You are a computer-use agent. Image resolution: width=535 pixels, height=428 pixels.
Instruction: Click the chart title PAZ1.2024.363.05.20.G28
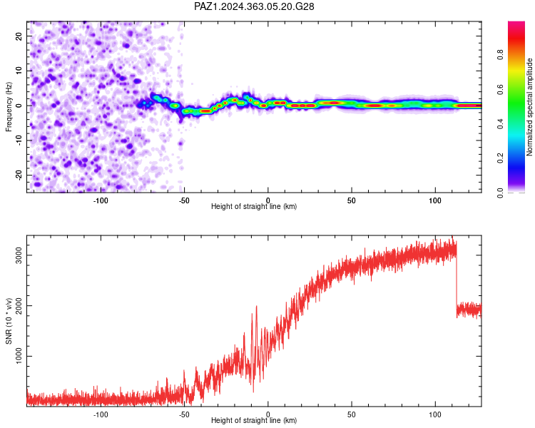tap(254, 6)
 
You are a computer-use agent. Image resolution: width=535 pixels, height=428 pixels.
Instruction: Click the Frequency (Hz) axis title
tap(9, 107)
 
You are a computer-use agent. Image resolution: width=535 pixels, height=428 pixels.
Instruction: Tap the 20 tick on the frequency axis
tap(19, 36)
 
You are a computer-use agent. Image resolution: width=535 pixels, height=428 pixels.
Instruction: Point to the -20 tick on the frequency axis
tap(19, 175)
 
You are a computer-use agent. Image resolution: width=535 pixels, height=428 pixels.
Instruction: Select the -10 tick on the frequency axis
tap(19, 141)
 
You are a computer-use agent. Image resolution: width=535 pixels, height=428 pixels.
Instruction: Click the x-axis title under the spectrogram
tap(254, 206)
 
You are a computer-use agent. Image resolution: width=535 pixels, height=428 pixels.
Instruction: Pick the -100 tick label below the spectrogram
tap(101, 200)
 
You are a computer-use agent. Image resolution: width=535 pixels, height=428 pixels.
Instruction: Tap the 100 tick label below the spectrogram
tap(435, 200)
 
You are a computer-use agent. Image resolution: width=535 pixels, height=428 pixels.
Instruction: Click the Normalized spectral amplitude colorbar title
tap(529, 107)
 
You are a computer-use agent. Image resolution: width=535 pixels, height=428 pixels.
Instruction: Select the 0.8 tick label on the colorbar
tap(500, 55)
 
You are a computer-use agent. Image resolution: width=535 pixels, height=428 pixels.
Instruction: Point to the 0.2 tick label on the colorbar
tap(500, 158)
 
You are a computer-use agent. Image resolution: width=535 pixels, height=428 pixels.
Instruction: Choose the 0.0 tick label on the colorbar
tap(500, 193)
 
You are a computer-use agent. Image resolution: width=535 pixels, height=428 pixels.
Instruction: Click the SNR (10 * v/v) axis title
tap(9, 321)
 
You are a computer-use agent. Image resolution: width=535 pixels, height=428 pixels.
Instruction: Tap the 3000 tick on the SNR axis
tap(19, 255)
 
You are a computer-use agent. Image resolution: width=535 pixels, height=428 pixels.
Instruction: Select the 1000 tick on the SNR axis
tap(19, 356)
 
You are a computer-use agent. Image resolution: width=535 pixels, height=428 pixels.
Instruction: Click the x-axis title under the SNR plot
tap(254, 420)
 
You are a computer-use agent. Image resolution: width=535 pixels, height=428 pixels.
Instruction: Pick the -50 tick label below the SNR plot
tap(184, 414)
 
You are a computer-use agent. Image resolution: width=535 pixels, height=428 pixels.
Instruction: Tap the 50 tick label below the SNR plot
tap(352, 414)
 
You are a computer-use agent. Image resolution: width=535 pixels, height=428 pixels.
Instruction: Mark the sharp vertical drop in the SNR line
tap(457, 280)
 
